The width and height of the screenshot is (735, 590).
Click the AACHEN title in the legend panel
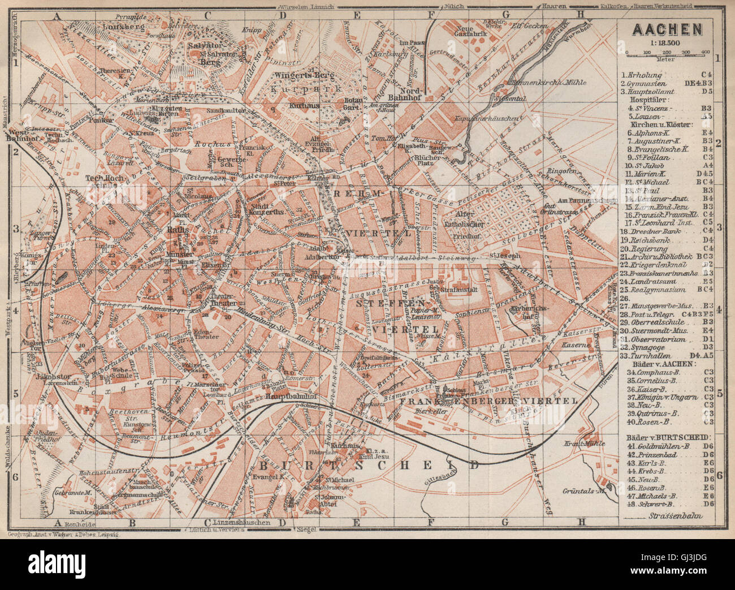(667, 29)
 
